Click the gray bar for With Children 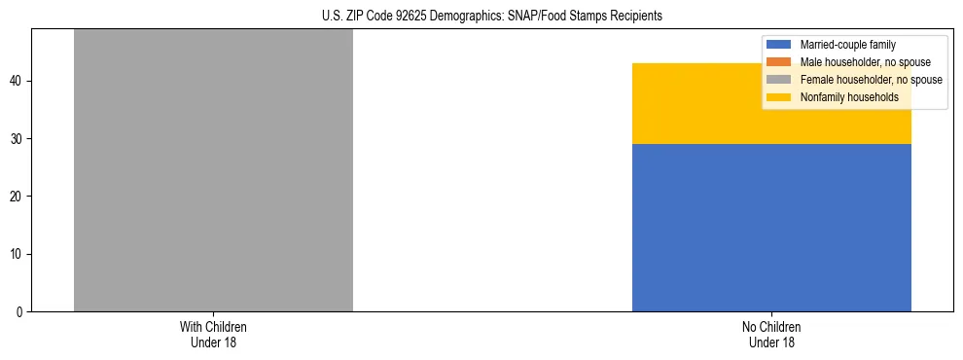213,170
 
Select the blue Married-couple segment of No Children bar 771,228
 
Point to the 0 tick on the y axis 22,312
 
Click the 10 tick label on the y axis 19,255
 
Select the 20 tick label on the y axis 19,197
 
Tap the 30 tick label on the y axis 19,139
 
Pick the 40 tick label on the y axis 19,81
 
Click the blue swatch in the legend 779,45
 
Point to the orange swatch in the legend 779,62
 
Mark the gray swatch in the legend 779,80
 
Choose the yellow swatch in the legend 779,97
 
